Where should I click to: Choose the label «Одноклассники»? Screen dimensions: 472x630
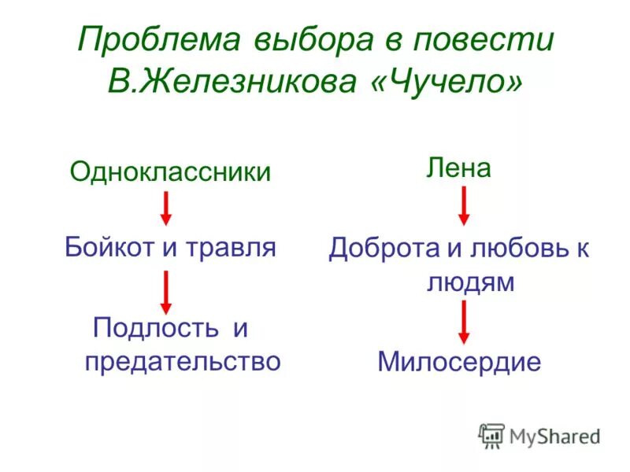pos(170,171)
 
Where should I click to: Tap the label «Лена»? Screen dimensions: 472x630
pos(458,167)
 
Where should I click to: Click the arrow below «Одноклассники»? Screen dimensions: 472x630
pos(166,208)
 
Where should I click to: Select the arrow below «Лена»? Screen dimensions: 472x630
pos(464,206)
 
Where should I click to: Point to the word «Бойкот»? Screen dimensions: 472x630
pos(109,248)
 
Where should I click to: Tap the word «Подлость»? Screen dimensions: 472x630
pos(157,327)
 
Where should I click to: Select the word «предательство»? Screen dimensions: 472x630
pos(182,361)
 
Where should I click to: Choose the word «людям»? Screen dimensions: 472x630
pos(470,282)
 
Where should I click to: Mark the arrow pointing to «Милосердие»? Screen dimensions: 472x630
pos(464,321)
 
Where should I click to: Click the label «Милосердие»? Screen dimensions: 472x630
pos(459,362)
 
